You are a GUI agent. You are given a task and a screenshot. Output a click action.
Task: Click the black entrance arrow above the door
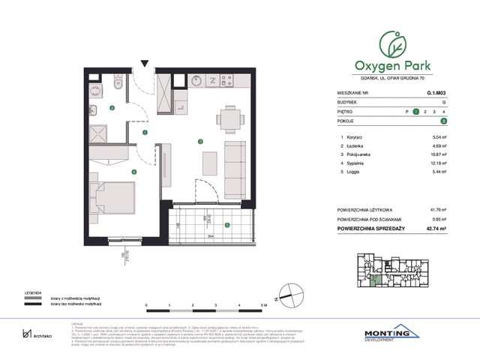[145, 65]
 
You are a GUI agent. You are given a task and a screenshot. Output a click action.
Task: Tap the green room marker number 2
[112, 108]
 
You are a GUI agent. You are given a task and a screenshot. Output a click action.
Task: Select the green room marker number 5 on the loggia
[226, 223]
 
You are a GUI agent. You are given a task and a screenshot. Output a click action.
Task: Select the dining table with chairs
[230, 118]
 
